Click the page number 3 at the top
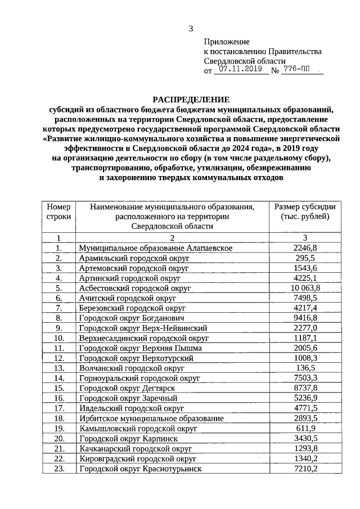click(191, 29)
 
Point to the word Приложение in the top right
click(226, 42)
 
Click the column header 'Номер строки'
click(58, 211)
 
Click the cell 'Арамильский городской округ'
click(133, 258)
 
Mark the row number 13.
click(58, 368)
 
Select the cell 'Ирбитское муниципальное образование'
click(151, 418)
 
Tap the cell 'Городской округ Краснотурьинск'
click(140, 469)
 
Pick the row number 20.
click(58, 438)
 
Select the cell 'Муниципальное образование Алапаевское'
click(156, 247)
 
